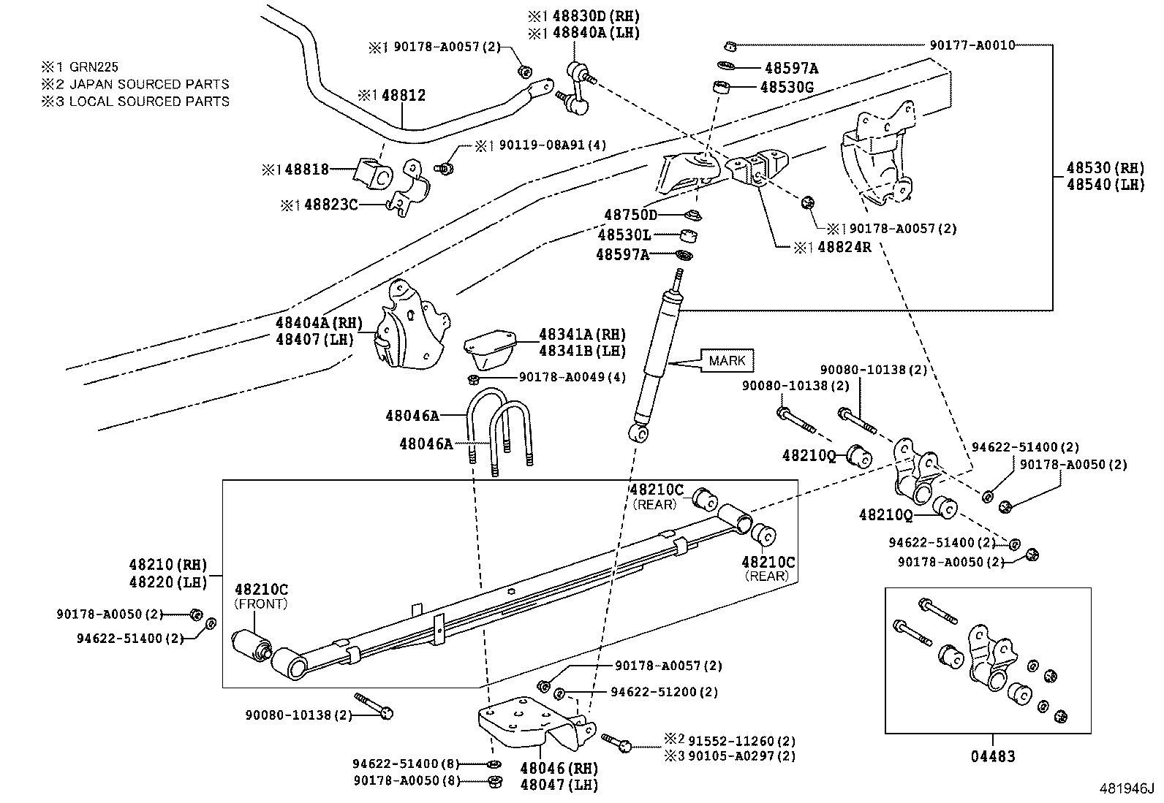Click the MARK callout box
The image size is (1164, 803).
[x=727, y=360]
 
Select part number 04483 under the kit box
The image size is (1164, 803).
[x=992, y=757]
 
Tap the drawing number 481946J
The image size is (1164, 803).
[x=1127, y=789]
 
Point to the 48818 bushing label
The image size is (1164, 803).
[x=306, y=170]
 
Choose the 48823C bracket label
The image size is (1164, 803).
[x=330, y=205]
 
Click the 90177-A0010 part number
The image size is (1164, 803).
[x=972, y=45]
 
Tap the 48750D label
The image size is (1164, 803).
[x=630, y=215]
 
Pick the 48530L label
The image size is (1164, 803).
[x=624, y=235]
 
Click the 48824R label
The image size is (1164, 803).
[x=844, y=247]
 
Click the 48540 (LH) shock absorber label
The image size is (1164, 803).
[x=1105, y=186]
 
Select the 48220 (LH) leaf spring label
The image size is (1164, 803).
[x=168, y=582]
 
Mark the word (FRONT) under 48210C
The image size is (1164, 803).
[x=261, y=604]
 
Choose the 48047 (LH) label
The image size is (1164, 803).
[x=559, y=785]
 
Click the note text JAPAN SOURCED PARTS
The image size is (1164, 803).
[x=148, y=84]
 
